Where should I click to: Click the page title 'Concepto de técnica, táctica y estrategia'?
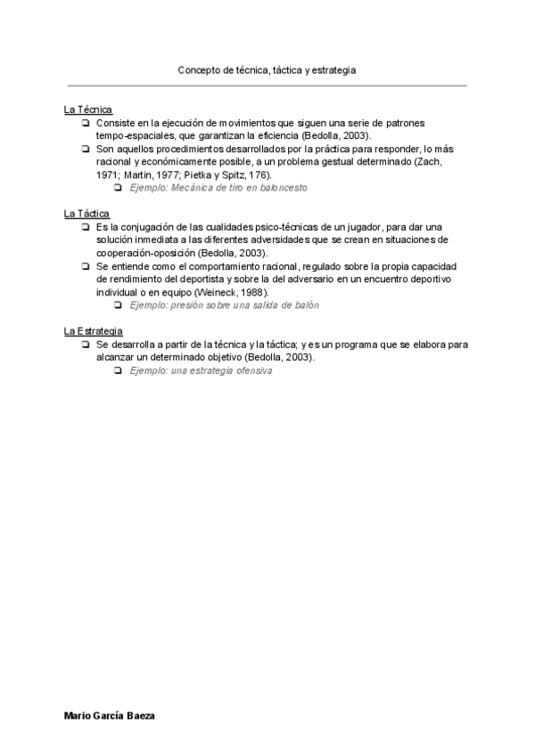[x=267, y=69]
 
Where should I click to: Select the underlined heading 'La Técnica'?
[x=87, y=110]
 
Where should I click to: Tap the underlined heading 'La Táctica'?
[x=86, y=214]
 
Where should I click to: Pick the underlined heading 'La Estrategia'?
[x=93, y=331]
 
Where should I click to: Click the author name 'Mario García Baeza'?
[x=110, y=716]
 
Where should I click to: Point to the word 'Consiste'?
[x=114, y=123]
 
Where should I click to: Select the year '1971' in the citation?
[x=107, y=175]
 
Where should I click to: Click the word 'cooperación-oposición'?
[x=146, y=253]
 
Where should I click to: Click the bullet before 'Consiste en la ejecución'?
[x=85, y=123]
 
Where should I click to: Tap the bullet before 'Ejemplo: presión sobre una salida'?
[x=117, y=305]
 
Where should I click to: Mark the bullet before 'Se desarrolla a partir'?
[x=85, y=345]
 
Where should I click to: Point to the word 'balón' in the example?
[x=305, y=305]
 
